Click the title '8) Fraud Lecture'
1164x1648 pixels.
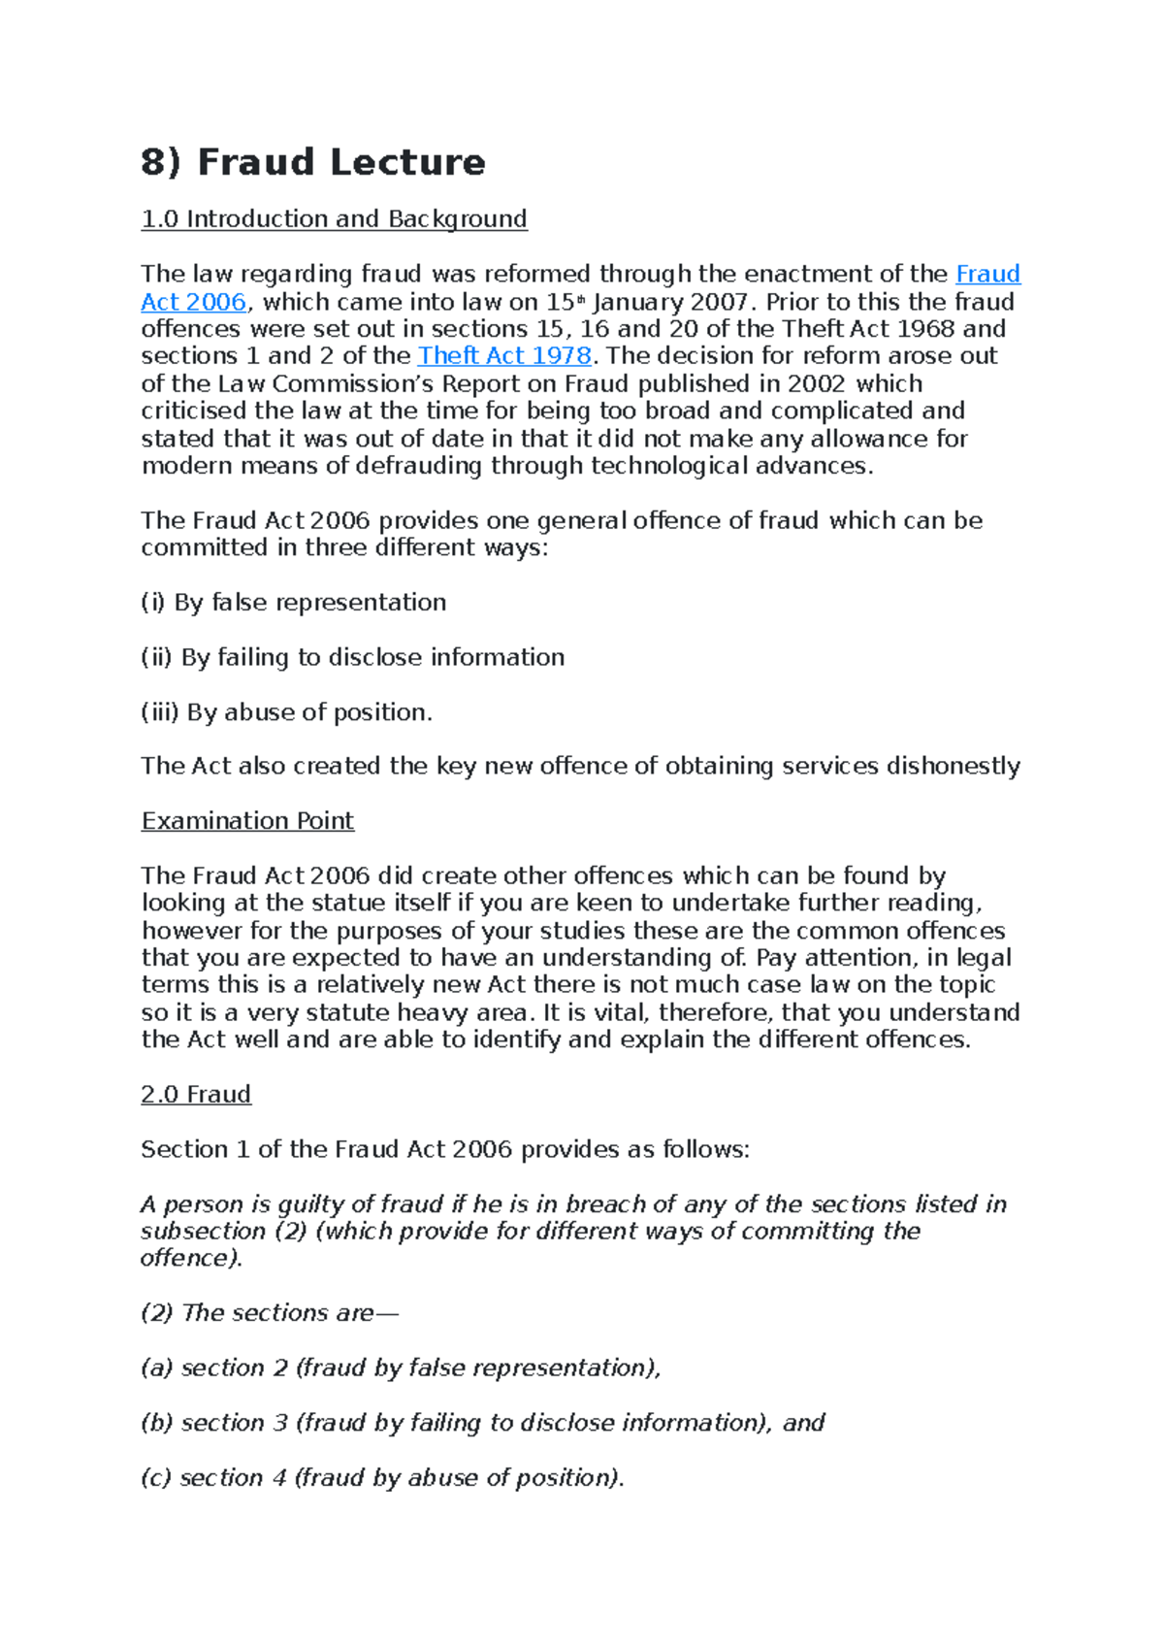pyautogui.click(x=312, y=162)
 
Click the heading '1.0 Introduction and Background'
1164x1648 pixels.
pyautogui.click(x=334, y=219)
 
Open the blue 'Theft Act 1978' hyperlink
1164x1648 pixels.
pyautogui.click(x=504, y=356)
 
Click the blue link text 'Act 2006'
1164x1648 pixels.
pyautogui.click(x=193, y=302)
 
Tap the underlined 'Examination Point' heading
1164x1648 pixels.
pyautogui.click(x=247, y=821)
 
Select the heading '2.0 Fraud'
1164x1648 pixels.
pyautogui.click(x=196, y=1095)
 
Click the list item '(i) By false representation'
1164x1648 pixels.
pyautogui.click(x=293, y=603)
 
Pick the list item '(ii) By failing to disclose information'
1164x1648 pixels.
pyautogui.click(x=352, y=658)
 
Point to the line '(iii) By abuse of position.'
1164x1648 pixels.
pyautogui.click(x=286, y=712)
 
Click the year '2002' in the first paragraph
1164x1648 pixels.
pyautogui.click(x=817, y=384)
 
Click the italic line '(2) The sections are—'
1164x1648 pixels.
pyautogui.click(x=269, y=1313)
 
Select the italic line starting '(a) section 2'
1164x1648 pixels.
pyautogui.click(x=400, y=1368)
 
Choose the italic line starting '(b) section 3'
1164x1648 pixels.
pyautogui.click(x=482, y=1423)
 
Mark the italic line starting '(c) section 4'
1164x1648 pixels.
pyautogui.click(x=382, y=1478)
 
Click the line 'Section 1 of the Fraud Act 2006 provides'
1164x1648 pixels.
pyautogui.click(x=444, y=1150)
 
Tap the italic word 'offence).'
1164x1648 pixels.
pyautogui.click(x=191, y=1259)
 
